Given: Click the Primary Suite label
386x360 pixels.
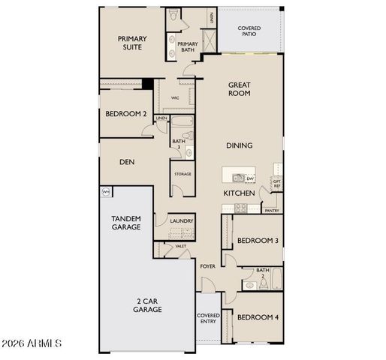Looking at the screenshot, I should click(x=131, y=44).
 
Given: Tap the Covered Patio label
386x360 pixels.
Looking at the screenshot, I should click(x=249, y=31).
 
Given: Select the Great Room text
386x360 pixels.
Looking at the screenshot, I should click(x=239, y=89).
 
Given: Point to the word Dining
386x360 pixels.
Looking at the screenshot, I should click(x=239, y=145).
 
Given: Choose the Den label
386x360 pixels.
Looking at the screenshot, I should click(x=127, y=160).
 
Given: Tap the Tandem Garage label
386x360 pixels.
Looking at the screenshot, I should click(x=126, y=222).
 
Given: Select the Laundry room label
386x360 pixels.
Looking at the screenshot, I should click(x=182, y=221).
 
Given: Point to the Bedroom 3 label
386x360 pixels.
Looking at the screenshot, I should click(x=258, y=240).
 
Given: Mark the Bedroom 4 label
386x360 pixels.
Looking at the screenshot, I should click(x=258, y=317).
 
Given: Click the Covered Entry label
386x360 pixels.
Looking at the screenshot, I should click(x=208, y=319).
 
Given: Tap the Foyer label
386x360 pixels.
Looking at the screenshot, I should click(x=207, y=266).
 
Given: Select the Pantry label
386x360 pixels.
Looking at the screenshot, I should click(x=273, y=211).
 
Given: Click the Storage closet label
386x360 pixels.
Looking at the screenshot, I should click(x=182, y=174).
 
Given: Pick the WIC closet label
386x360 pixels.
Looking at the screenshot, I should click(x=175, y=97).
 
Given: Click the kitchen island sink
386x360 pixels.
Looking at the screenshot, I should click(x=237, y=178).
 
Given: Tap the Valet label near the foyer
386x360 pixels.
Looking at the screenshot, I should click(x=181, y=246).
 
